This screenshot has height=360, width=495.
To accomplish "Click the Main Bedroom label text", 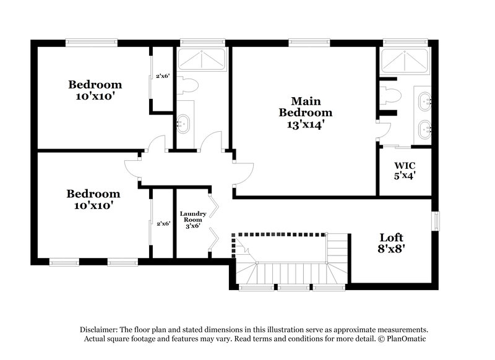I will pyautogui.click(x=305, y=106).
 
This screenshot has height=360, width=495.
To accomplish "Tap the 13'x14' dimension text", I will pyautogui.click(x=305, y=124).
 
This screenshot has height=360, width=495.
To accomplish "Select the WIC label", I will pyautogui.click(x=405, y=165).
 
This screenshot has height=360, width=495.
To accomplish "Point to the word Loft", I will pyautogui.click(x=391, y=238).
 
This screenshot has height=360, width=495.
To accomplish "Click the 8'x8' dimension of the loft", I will pyautogui.click(x=391, y=250).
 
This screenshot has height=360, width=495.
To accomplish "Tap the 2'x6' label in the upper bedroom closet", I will pyautogui.click(x=163, y=76).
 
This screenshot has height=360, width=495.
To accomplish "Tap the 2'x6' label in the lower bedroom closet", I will pyautogui.click(x=163, y=223).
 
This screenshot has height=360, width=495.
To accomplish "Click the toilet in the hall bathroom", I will pyautogui.click(x=187, y=86).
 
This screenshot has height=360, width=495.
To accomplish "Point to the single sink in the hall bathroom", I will pyautogui.click(x=183, y=122).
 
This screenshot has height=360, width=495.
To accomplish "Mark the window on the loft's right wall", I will pyautogui.click(x=435, y=220).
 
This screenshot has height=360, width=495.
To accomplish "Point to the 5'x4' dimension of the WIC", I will pyautogui.click(x=405, y=175).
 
